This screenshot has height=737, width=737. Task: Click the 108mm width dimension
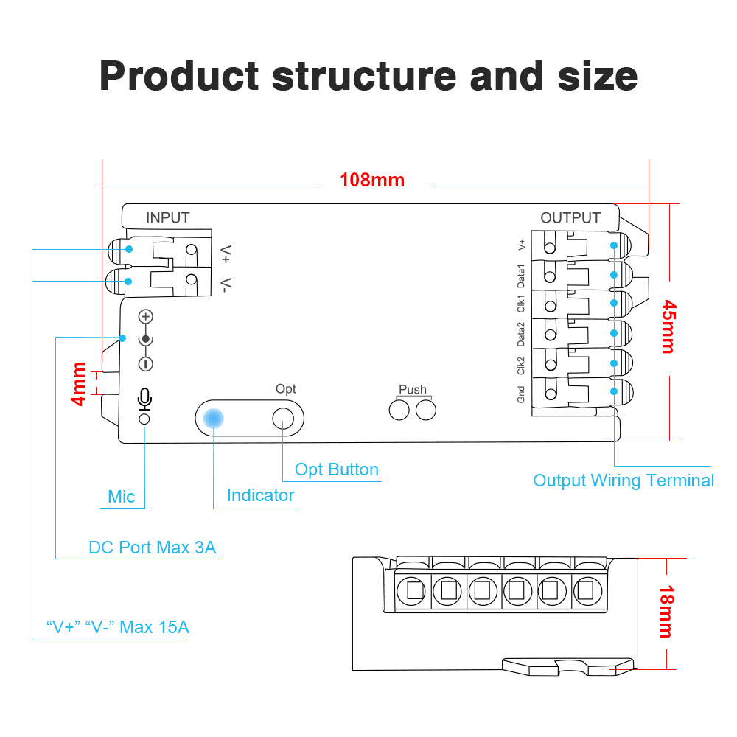coord(372,180)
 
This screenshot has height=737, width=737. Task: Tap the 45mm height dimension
coord(668,326)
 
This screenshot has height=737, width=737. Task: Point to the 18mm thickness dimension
coord(666,611)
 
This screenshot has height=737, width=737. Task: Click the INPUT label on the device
coord(167,217)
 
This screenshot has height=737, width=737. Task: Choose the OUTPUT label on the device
coord(570,217)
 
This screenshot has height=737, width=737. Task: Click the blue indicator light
coord(214,418)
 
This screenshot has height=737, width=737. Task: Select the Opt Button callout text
coord(337,469)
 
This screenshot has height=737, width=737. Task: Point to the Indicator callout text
coord(260,495)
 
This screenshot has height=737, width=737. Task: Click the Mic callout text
coord(122,497)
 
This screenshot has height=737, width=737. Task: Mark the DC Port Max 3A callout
coord(153,548)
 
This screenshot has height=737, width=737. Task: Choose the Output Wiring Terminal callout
coord(624,481)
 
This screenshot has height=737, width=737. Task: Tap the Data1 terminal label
coord(521,275)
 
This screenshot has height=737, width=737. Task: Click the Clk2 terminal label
coord(521,366)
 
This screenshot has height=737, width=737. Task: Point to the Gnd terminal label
coord(521,395)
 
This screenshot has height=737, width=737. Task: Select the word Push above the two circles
coord(413,389)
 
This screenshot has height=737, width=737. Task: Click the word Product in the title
coord(179,75)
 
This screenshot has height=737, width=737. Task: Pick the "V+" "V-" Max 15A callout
coord(118,627)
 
